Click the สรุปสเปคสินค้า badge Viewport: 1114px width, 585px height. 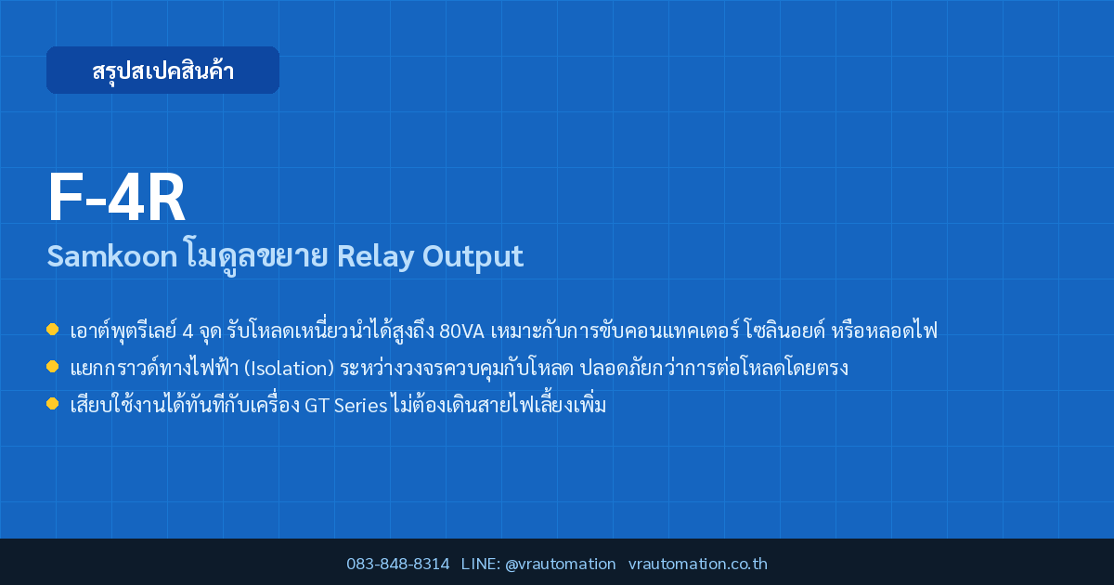coord(162,71)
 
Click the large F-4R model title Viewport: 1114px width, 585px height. coord(116,198)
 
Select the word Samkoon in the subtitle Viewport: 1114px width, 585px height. coord(112,256)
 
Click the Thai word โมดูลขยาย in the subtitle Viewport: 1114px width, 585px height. coord(257,256)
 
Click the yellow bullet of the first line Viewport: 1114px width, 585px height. coord(52,330)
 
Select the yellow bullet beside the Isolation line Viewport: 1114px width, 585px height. coord(52,367)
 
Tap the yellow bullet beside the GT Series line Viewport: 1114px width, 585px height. coord(52,403)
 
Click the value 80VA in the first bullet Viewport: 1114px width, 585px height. coord(461,331)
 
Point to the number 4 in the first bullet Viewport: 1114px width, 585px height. coord(188,331)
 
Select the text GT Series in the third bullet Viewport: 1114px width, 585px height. coord(345,406)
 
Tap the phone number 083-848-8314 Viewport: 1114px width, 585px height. coord(398,565)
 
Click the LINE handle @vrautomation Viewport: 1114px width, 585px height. coord(561,565)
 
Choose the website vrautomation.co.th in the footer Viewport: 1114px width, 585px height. coord(698,565)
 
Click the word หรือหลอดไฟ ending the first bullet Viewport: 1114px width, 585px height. coord(884,330)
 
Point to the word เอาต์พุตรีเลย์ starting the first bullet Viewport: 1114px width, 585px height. coord(123,331)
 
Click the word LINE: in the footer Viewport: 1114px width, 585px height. coord(481,565)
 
